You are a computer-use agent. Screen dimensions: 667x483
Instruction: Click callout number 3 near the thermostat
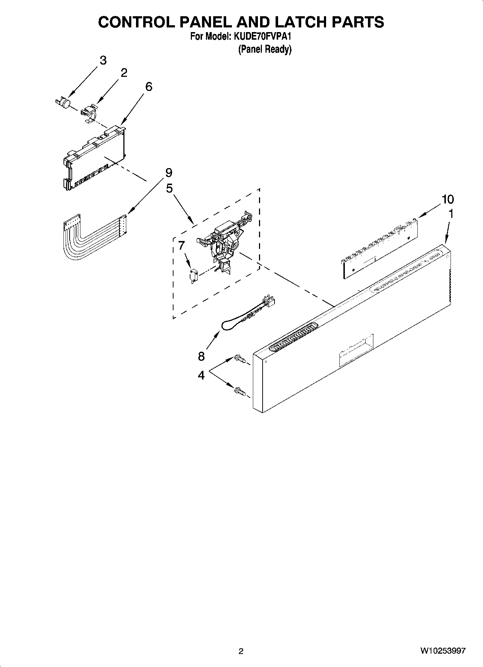click(103, 60)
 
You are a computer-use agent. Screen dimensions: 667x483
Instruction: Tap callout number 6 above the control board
click(149, 87)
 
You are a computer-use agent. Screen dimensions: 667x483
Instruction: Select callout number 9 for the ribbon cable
click(169, 173)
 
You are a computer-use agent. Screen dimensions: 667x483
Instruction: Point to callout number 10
click(448, 199)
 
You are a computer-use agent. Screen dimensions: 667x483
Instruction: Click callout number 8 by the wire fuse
click(201, 356)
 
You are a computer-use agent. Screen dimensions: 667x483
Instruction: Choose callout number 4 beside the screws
click(201, 375)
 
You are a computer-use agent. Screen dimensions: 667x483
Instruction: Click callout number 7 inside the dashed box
click(181, 246)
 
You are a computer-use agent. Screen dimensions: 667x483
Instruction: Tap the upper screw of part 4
click(240, 358)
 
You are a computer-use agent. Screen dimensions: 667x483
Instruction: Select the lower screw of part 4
click(240, 390)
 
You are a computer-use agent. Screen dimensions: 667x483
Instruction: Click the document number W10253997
click(443, 651)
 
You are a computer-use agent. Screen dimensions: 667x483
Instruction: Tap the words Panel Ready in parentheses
click(264, 49)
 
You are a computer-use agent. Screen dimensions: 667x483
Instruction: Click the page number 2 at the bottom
click(241, 651)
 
